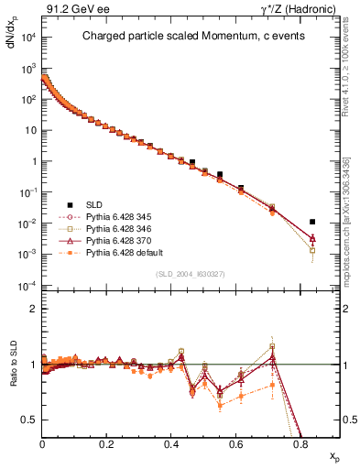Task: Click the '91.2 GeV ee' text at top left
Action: (x=71, y=10)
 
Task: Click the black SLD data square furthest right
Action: (x=312, y=222)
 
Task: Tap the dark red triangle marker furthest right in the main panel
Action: (x=312, y=238)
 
